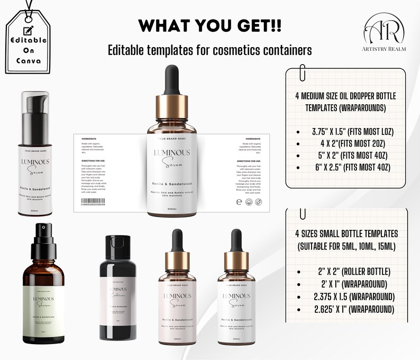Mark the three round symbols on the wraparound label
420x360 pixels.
(x=246, y=202)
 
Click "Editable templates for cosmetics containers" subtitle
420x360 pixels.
(x=209, y=50)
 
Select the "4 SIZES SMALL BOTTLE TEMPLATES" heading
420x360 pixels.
(x=346, y=233)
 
